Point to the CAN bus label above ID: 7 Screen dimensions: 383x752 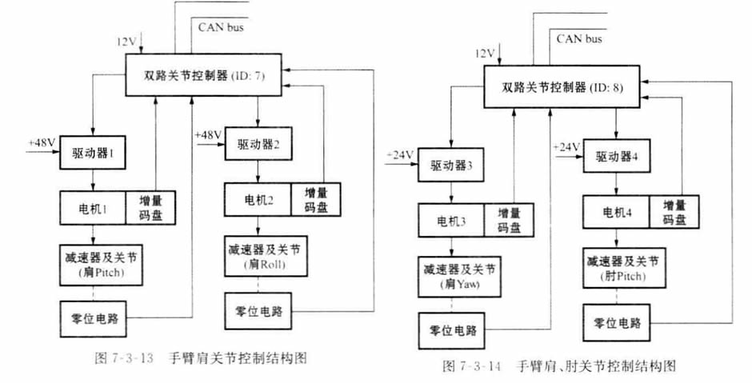222,28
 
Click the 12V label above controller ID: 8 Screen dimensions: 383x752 486,54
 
